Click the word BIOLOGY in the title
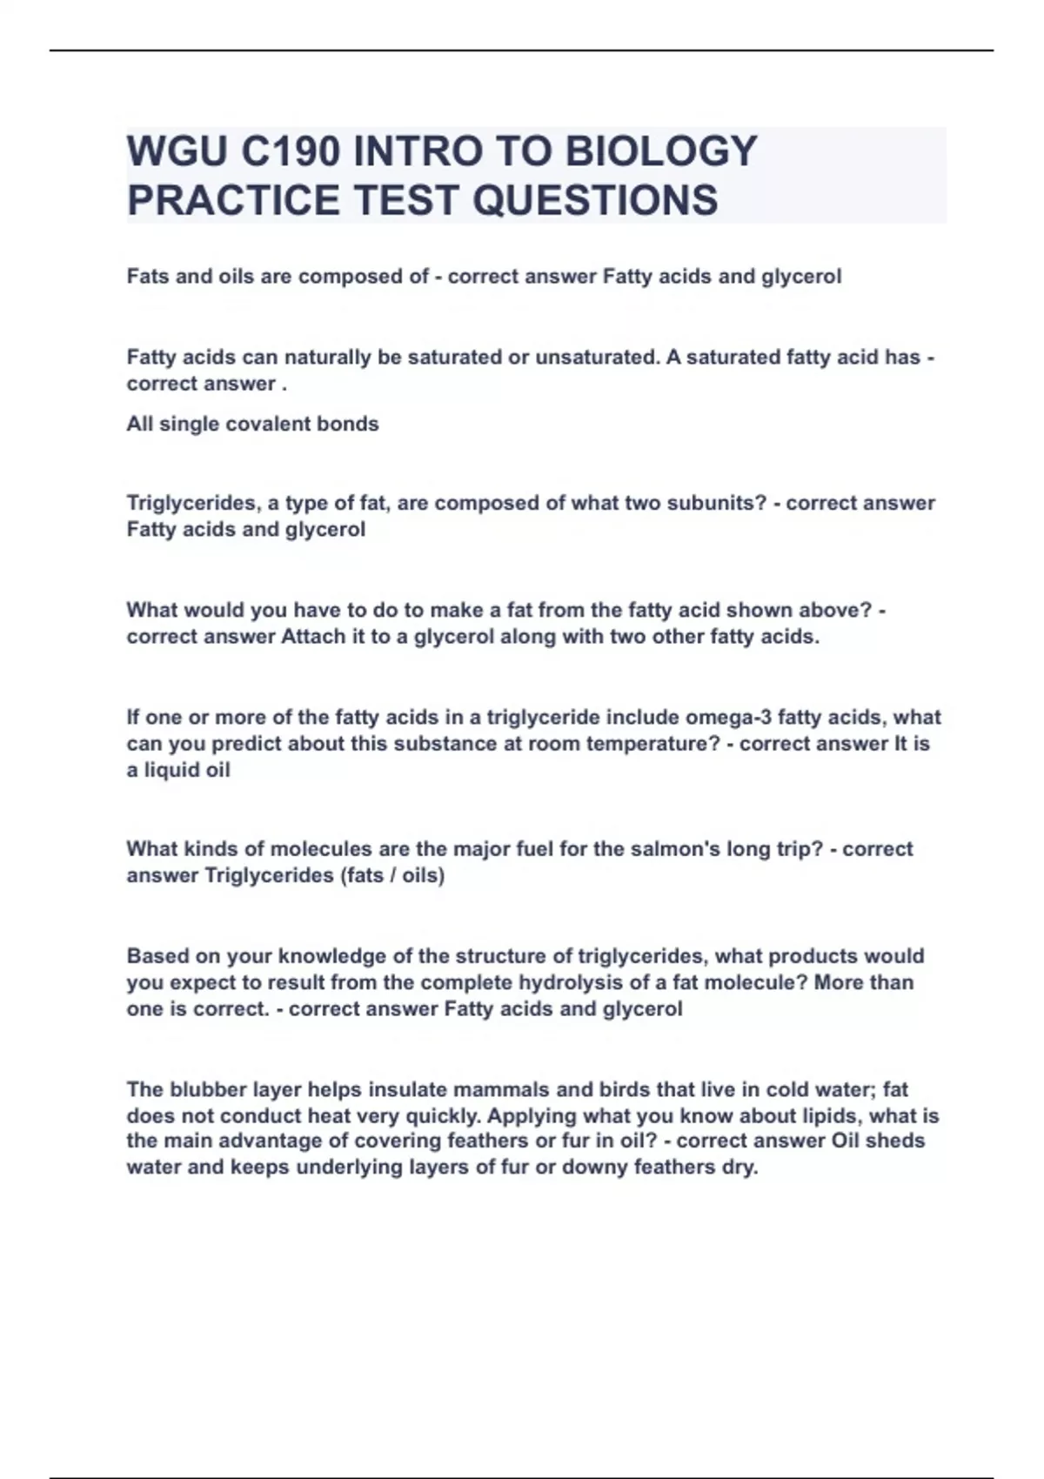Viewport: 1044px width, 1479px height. tap(660, 151)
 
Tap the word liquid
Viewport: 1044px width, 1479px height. tap(172, 771)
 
